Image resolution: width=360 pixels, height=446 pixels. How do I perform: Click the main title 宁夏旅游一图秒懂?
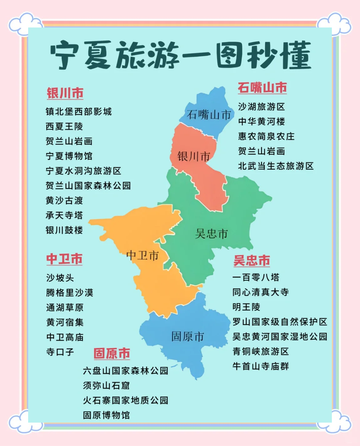click(181, 55)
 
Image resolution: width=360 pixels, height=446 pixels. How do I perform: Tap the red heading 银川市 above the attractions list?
click(65, 93)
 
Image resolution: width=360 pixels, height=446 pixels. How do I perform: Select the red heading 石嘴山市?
click(262, 88)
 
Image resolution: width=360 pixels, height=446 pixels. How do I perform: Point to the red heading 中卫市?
click(65, 259)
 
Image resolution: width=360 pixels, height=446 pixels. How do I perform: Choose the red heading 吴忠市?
click(251, 261)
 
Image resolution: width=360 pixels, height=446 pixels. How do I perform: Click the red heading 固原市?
click(112, 353)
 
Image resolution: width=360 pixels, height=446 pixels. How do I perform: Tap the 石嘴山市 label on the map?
click(209, 114)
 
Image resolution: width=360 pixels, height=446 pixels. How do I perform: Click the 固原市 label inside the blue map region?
click(188, 337)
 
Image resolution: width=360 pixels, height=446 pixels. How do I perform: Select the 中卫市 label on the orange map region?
click(142, 255)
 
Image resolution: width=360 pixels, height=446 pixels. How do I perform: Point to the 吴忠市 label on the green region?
click(211, 234)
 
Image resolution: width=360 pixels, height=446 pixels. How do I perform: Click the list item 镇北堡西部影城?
click(79, 112)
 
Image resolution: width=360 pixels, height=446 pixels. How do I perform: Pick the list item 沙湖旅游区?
click(261, 107)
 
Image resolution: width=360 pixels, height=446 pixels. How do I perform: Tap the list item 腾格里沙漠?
click(70, 293)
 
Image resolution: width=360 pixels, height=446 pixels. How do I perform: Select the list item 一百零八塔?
click(256, 278)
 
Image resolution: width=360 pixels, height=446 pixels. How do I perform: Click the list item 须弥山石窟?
click(106, 386)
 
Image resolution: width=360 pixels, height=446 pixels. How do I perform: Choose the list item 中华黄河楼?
click(261, 121)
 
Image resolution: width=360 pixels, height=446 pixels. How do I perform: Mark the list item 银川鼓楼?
click(64, 230)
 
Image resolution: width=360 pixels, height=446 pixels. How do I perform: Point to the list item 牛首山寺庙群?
click(261, 366)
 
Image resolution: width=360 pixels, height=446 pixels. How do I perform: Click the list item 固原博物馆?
click(106, 415)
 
